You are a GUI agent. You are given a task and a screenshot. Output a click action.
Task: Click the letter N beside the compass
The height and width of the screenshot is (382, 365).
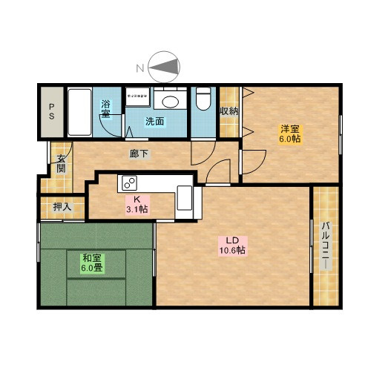click(140, 68)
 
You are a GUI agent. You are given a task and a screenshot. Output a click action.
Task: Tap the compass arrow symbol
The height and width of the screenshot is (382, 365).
click(164, 67)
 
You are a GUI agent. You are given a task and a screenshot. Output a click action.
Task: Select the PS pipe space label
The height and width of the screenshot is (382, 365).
click(51, 111)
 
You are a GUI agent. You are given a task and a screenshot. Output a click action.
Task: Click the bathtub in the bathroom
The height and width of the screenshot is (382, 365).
click(79, 112)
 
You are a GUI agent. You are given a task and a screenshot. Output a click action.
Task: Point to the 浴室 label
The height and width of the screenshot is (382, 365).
click(105, 109)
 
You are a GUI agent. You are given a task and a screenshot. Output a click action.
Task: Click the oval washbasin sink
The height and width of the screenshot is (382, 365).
click(170, 102)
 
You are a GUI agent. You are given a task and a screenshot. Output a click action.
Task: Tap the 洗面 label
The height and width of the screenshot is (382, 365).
click(154, 122)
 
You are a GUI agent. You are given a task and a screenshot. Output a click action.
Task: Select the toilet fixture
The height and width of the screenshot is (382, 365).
click(203, 99)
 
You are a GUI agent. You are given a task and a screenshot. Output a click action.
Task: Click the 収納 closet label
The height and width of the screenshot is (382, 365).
click(229, 111)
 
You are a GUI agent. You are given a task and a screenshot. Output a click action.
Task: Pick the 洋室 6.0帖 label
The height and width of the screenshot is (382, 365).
click(290, 134)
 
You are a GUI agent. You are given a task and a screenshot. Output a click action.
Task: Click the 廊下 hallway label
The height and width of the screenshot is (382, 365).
click(139, 154)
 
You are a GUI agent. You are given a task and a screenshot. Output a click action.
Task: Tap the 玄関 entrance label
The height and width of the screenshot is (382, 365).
click(61, 163)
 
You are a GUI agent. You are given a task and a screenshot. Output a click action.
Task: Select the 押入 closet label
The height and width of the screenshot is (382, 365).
click(62, 207)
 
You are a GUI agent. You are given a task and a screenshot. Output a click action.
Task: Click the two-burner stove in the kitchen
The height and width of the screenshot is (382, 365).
click(129, 183)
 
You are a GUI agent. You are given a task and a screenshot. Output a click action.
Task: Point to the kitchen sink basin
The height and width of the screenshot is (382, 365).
click(185, 198)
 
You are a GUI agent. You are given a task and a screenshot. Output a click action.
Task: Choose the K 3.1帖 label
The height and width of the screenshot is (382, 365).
click(137, 205)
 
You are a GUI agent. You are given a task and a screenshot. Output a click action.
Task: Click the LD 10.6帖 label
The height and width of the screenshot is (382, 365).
click(232, 246)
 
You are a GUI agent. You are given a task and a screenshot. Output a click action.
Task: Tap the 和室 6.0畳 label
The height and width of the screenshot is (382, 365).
click(92, 263)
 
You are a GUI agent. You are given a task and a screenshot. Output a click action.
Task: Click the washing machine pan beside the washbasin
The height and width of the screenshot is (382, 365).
click(138, 96)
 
